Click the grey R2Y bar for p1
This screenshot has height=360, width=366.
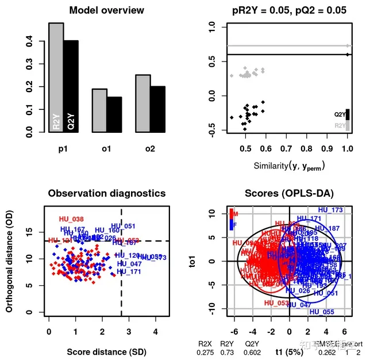[x=56, y=78]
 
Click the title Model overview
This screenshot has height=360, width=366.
[x=106, y=10]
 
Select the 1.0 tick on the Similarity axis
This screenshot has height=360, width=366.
[x=346, y=148]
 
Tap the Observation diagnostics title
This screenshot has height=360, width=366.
[x=106, y=193]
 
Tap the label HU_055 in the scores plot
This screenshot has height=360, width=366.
[x=322, y=312]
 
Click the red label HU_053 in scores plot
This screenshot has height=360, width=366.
[x=276, y=302]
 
